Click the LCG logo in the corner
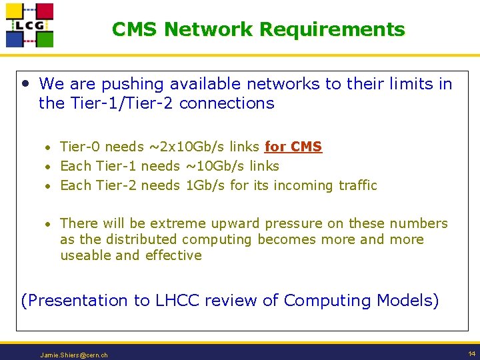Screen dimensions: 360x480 click(29, 25)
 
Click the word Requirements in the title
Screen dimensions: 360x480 click(332, 29)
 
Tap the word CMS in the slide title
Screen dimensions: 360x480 click(135, 29)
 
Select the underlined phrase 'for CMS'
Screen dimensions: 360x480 click(293, 147)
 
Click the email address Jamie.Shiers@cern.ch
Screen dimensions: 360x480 click(74, 355)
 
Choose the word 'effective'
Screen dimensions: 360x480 click(173, 255)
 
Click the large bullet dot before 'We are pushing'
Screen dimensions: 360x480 click(25, 84)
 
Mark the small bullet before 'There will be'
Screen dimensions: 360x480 click(49, 224)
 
